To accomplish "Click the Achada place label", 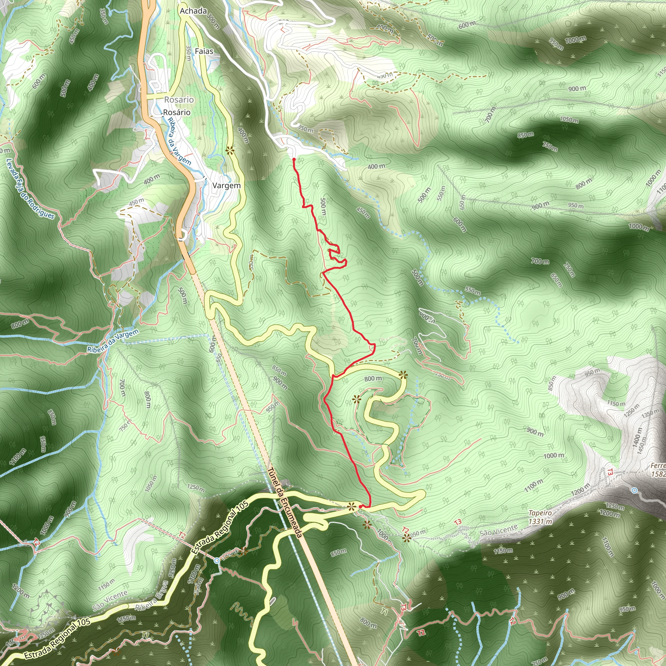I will tap(193, 11).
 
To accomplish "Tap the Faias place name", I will tap(204, 51).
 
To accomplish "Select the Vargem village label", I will tap(226, 185).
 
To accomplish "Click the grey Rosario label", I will tap(179, 100).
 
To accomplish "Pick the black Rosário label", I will tap(177, 113).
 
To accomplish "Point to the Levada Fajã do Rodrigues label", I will tap(30, 189).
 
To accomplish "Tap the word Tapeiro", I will tap(540, 513).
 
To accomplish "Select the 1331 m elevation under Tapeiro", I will tap(540, 522).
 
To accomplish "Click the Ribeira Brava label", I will tap(152, 596).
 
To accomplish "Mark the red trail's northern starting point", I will tap(293, 159).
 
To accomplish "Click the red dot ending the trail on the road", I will tap(360, 506).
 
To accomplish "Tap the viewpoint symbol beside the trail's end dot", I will tap(351, 506).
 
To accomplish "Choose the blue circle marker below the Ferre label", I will tap(634, 490).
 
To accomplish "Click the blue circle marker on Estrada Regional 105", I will tap(217, 561).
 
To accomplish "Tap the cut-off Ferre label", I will tap(658, 466).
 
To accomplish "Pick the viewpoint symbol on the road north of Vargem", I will tap(230, 151).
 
